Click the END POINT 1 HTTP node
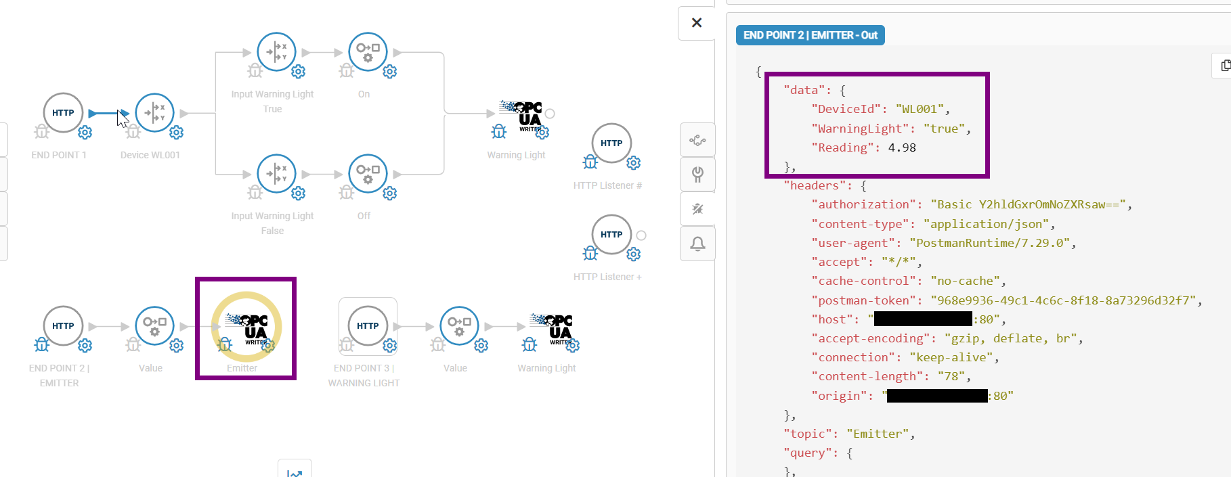(63, 113)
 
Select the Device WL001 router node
(154, 113)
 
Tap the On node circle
(368, 52)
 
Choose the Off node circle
(368, 174)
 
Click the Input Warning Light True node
(276, 52)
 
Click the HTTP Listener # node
(611, 143)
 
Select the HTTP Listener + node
(611, 235)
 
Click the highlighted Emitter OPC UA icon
(246, 328)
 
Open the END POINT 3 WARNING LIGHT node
(368, 326)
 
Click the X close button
(697, 23)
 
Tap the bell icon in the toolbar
(697, 244)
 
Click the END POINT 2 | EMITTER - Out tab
(810, 35)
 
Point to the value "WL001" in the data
(919, 109)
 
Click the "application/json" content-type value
(986, 224)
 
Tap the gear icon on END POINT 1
(85, 133)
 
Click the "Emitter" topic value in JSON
(878, 434)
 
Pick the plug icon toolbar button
(697, 175)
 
